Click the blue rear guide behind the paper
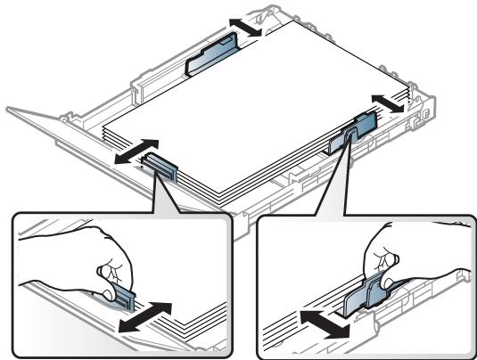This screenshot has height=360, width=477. (x=212, y=59)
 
